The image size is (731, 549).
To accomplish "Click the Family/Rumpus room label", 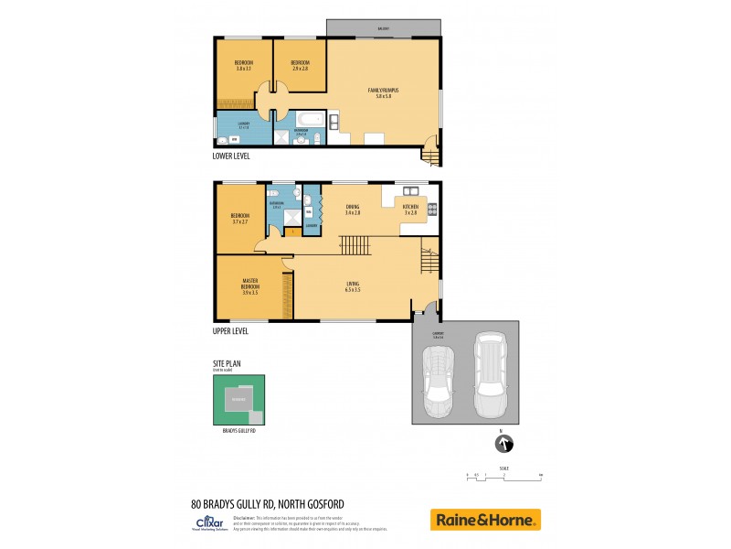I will click(384, 91).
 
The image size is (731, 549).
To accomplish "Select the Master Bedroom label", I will click(249, 286).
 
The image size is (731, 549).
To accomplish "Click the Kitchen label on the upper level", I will click(410, 210).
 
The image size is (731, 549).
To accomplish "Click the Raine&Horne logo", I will click(485, 520).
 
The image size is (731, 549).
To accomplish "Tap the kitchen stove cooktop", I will click(432, 209).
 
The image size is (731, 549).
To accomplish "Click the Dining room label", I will click(352, 210).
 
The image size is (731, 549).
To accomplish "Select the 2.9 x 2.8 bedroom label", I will click(301, 65).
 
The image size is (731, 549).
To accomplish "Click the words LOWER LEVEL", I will click(230, 156).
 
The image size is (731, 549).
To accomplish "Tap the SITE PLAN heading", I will click(228, 363).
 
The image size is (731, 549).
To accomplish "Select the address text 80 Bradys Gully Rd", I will click(267, 502).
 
